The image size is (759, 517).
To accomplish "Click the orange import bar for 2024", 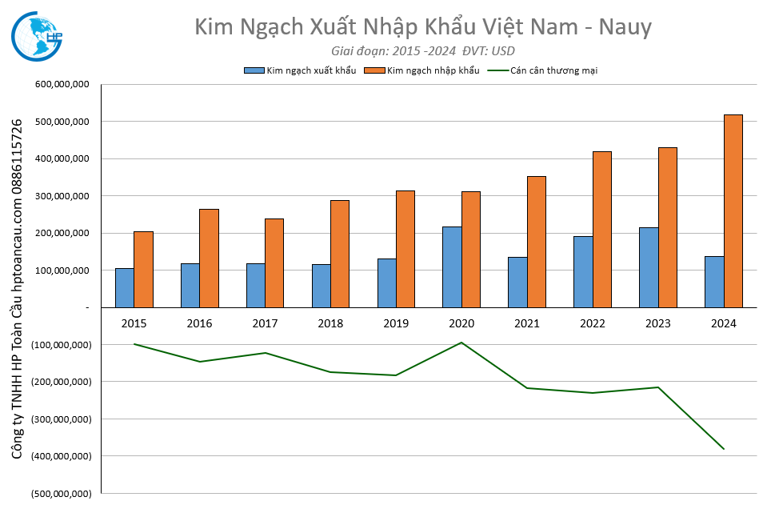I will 733,210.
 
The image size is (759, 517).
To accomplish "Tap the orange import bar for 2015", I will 143,269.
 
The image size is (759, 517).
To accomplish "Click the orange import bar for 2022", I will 602,229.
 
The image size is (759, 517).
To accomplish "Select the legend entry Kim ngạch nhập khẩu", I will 433,70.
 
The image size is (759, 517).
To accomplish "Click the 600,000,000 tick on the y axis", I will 62,84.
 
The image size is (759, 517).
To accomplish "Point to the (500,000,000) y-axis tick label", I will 60,493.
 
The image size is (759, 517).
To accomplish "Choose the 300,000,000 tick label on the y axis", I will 62,196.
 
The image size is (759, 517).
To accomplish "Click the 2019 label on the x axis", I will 396,323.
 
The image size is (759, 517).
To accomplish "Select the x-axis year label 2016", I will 199,323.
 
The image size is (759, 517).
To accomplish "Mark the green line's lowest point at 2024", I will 724,449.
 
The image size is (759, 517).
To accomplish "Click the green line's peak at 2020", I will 461,343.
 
